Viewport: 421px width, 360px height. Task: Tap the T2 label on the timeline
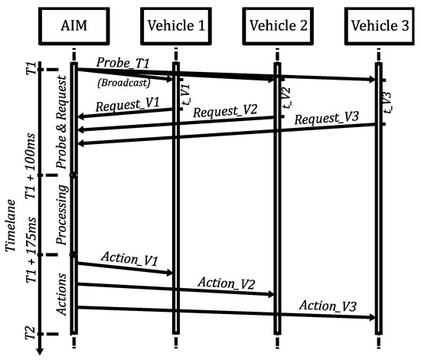click(29, 333)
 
